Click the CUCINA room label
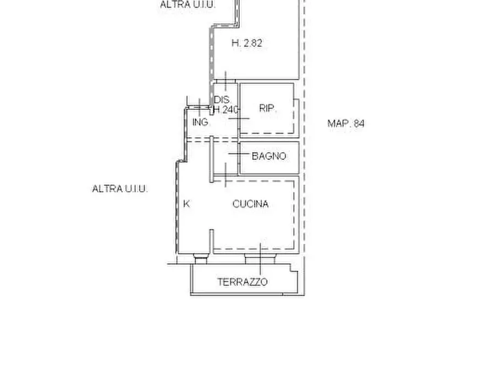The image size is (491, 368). pyautogui.click(x=250, y=204)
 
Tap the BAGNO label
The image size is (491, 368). pyautogui.click(x=269, y=156)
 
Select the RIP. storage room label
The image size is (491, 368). pyautogui.click(x=267, y=108)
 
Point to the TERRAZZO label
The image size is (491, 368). pyautogui.click(x=242, y=282)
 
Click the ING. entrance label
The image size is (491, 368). pyautogui.click(x=200, y=122)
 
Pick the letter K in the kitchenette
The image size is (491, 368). pyautogui.click(x=186, y=204)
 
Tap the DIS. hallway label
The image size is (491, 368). pyautogui.click(x=222, y=100)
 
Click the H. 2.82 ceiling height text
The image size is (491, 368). pyautogui.click(x=247, y=43)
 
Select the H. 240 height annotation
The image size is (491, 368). pyautogui.click(x=226, y=109)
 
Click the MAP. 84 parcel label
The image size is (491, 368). pyautogui.click(x=346, y=123)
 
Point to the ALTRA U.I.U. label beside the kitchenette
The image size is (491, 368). pyautogui.click(x=120, y=189)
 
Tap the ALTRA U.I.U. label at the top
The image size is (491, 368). pyautogui.click(x=187, y=4)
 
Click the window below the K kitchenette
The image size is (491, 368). pyautogui.click(x=200, y=259)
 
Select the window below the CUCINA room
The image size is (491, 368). pyautogui.click(x=260, y=259)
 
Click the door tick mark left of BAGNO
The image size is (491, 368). pyautogui.click(x=239, y=154)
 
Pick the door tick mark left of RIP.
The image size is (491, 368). pyautogui.click(x=239, y=118)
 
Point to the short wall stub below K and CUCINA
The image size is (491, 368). pyautogui.click(x=212, y=241)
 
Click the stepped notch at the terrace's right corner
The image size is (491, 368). pyautogui.click(x=294, y=268)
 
